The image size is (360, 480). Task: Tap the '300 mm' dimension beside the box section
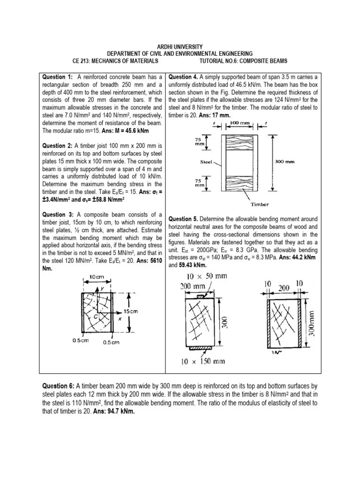pos(284,161)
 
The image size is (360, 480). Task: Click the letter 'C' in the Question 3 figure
pos(96,316)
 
